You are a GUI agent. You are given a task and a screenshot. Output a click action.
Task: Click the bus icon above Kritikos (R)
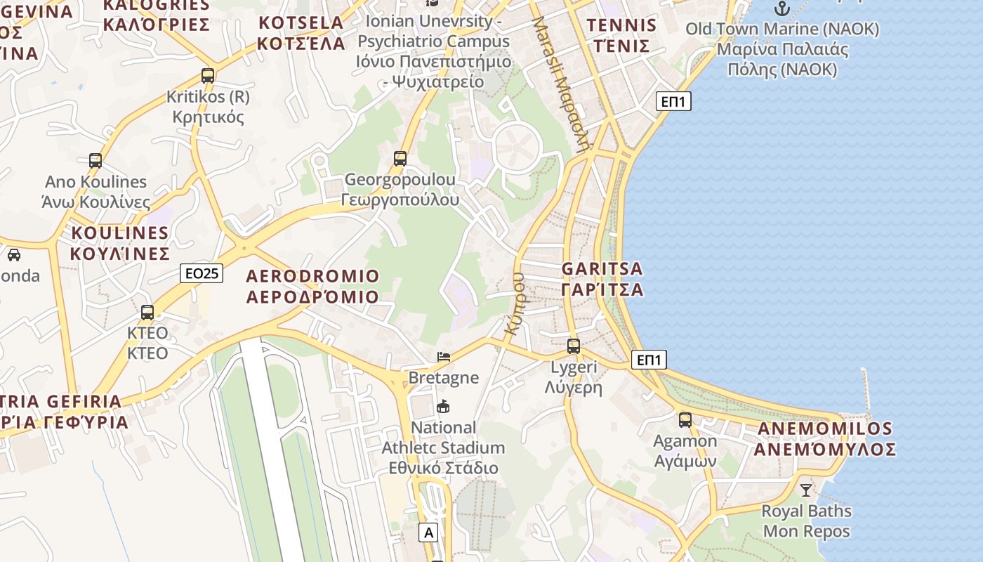(208, 76)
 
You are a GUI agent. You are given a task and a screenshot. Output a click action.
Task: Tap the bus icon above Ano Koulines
(95, 161)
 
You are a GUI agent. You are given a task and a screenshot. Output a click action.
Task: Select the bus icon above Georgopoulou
(400, 159)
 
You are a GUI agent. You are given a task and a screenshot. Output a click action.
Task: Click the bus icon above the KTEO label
(147, 313)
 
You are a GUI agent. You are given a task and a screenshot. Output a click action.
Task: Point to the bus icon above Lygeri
(574, 346)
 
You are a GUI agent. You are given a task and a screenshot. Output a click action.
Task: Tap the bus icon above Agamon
(685, 420)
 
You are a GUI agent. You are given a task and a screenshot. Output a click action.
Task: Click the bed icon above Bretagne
(444, 357)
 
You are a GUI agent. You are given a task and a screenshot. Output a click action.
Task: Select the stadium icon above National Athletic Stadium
(443, 406)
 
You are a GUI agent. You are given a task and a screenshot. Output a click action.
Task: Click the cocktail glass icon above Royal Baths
(806, 490)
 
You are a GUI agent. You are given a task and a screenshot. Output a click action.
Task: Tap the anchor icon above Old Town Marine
(781, 8)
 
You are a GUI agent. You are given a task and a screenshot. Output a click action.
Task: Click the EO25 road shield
(202, 273)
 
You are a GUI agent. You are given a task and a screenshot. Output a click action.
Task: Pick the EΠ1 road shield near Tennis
(673, 101)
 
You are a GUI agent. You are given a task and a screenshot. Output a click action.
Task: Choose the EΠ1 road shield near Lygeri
(648, 360)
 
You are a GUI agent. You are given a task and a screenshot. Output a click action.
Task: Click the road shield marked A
(429, 532)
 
